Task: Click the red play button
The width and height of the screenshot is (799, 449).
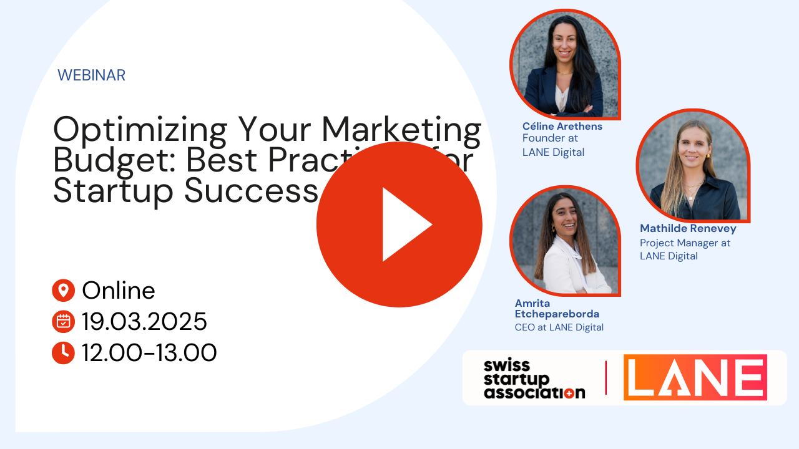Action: (399, 224)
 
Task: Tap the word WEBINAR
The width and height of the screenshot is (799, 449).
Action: (91, 75)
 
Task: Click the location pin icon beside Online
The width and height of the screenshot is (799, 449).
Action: (63, 290)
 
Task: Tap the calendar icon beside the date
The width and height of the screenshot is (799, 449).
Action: (63, 322)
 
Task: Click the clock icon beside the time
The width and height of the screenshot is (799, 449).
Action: (63, 353)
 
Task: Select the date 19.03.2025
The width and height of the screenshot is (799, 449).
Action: (144, 322)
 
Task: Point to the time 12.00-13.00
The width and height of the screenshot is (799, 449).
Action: (149, 353)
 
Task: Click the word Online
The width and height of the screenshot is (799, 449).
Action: (119, 290)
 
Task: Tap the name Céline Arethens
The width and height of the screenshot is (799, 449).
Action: (562, 126)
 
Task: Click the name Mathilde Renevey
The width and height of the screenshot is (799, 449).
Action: (688, 228)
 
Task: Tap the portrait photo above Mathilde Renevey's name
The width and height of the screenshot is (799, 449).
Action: (693, 165)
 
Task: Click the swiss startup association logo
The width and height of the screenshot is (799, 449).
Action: (534, 378)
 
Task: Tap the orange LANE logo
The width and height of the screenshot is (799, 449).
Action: (695, 377)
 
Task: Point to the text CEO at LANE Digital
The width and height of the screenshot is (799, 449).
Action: (559, 327)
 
